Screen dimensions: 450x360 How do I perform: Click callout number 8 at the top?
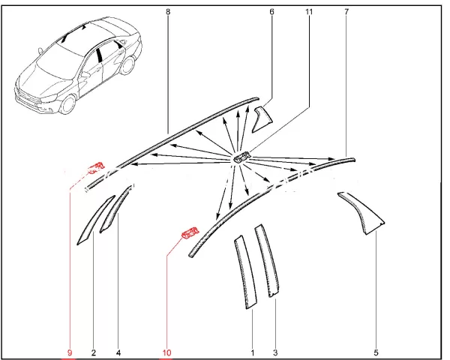click(x=168, y=12)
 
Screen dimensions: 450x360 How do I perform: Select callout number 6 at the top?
click(x=271, y=12)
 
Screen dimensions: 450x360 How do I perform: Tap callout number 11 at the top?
click(x=309, y=12)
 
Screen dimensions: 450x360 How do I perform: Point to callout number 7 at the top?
click(x=346, y=12)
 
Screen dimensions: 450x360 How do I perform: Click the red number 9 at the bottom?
click(x=70, y=352)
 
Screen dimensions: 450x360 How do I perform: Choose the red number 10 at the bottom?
click(x=166, y=352)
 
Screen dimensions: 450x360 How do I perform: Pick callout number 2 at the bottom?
click(x=94, y=352)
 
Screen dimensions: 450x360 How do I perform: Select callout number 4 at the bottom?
click(x=118, y=352)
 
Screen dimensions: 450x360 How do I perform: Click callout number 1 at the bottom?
click(x=253, y=352)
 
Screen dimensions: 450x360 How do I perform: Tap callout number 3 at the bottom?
click(x=275, y=352)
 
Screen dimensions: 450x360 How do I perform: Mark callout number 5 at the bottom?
click(x=376, y=352)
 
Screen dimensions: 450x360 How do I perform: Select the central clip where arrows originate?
click(x=242, y=157)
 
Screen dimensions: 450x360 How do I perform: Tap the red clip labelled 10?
click(x=190, y=232)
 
